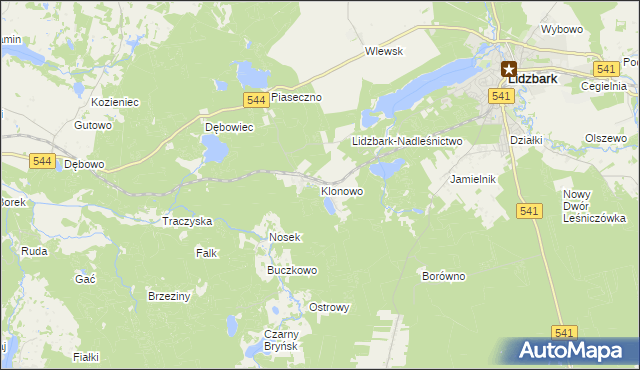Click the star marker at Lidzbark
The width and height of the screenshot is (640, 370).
508,70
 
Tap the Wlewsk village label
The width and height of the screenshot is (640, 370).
383,51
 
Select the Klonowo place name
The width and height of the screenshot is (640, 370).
341,190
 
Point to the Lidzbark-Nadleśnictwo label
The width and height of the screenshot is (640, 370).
407,142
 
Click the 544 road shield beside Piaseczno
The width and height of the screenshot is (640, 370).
255,99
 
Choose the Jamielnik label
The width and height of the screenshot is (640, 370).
474,179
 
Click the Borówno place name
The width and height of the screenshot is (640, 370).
444,275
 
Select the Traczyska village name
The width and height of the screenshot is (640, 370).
187,220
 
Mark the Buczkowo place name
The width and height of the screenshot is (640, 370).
291,270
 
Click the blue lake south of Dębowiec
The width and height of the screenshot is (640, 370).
213,150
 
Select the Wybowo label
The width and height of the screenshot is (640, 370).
561,29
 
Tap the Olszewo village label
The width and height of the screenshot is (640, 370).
605,137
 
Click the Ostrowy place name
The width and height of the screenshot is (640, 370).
329,307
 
